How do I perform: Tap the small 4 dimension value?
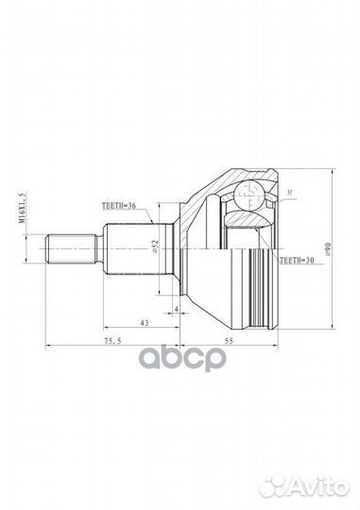point(177,309)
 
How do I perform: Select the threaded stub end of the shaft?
point(70,248)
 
